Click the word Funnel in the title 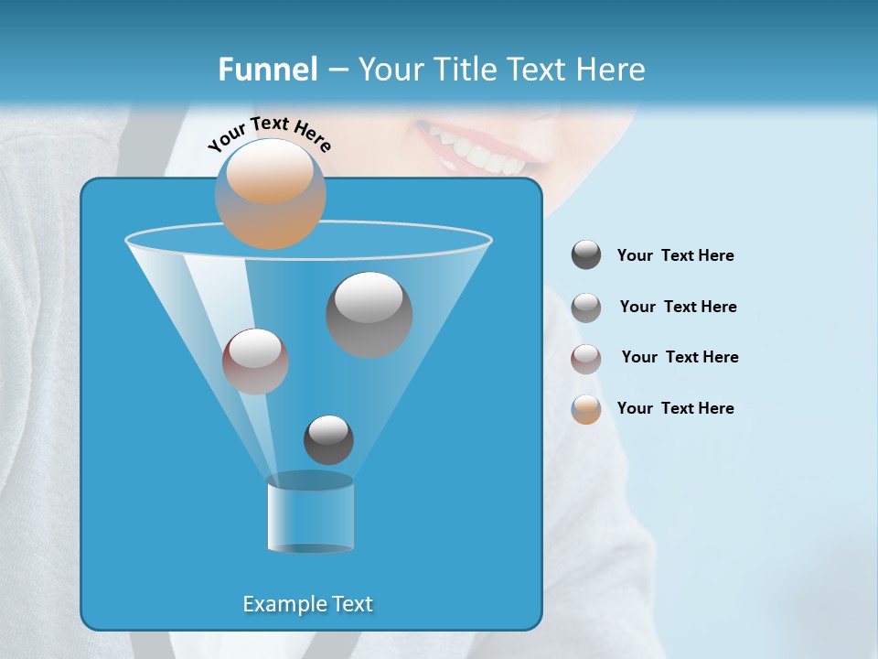point(267,70)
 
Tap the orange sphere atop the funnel point(270,194)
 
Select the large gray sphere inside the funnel point(369,314)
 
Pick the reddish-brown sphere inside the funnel point(255,362)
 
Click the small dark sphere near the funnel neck point(328,439)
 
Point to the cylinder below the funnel point(310,514)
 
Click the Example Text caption point(308,604)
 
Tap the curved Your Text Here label point(269,134)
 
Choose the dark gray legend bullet point(586,254)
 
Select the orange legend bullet point(586,409)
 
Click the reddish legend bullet point(586,359)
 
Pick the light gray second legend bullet point(586,308)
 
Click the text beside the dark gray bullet point(675,255)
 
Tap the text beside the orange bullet point(675,408)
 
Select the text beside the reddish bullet point(680,357)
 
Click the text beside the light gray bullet point(678,307)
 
